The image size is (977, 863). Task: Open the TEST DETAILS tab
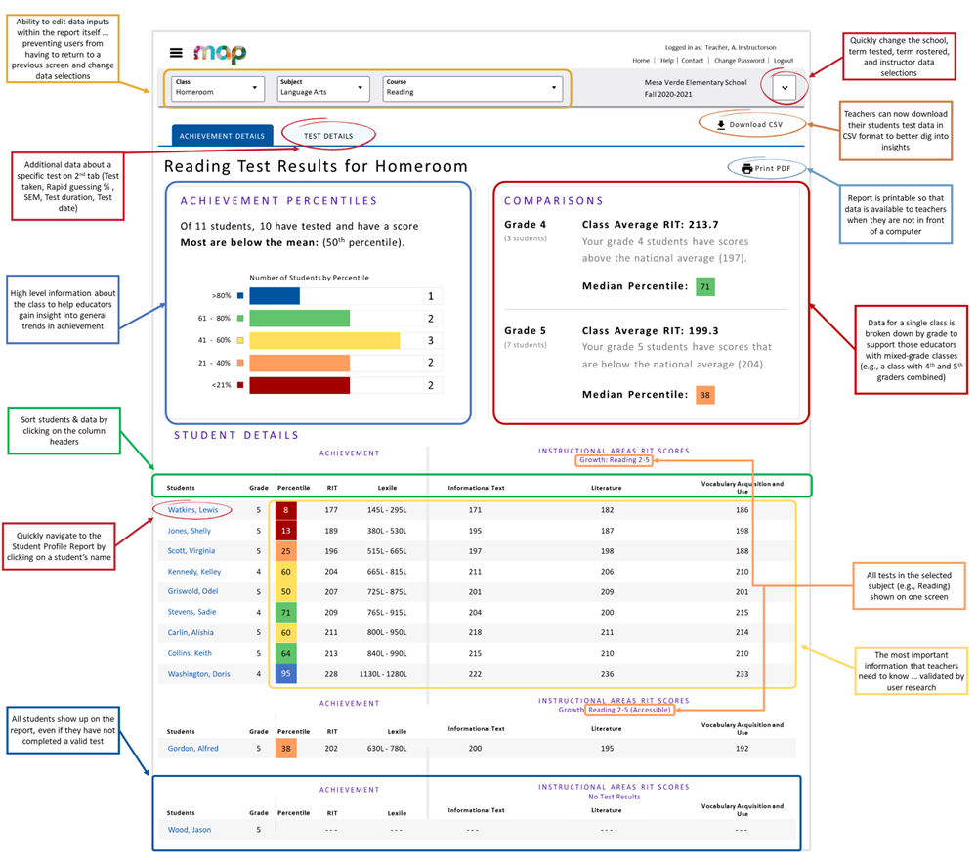[328, 136]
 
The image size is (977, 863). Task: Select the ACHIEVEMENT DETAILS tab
[222, 136]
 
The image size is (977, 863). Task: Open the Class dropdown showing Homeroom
[218, 88]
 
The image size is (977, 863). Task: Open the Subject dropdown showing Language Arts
[322, 88]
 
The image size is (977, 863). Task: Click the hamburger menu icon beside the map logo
[176, 53]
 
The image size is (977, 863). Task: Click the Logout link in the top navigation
[784, 61]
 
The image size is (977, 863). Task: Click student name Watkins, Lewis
[192, 510]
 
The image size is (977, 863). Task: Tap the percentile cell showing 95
[286, 674]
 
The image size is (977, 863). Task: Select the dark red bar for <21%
[299, 385]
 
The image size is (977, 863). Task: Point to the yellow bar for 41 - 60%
[324, 340]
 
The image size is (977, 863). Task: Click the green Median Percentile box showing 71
[705, 287]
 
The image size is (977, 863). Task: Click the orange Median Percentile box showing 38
[705, 395]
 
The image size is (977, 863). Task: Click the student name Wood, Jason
[189, 830]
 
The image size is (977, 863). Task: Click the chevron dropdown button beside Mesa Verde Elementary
[784, 88]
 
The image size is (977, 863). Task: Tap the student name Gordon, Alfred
[192, 749]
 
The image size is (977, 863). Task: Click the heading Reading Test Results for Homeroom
[316, 166]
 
